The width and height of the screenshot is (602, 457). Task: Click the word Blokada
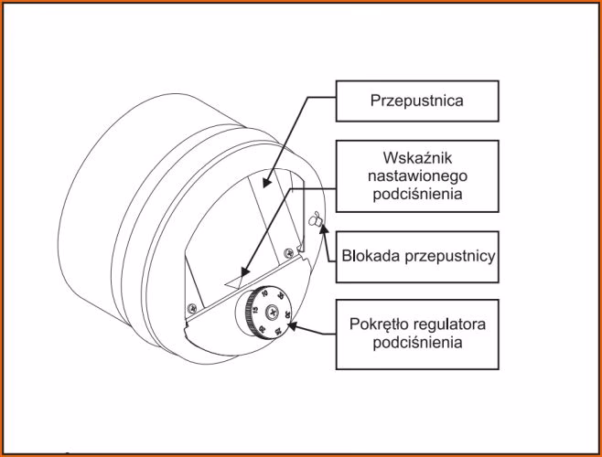click(370, 255)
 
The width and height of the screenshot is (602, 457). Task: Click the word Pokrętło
click(383, 324)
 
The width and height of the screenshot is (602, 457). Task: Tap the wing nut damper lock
click(317, 220)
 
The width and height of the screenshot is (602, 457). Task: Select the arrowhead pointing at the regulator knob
click(293, 321)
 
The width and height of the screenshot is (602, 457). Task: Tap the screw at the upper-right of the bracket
click(289, 252)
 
